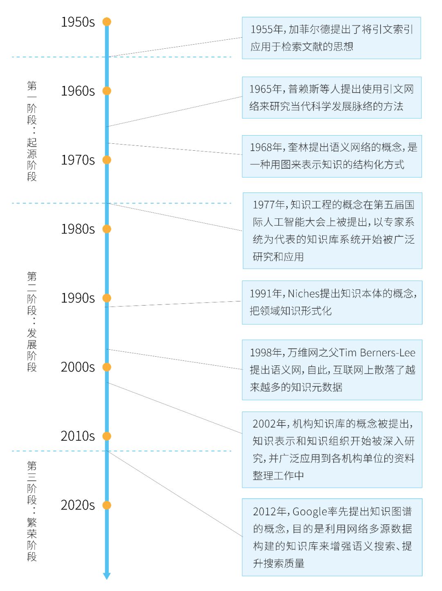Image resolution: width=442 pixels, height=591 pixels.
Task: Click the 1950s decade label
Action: click(x=77, y=22)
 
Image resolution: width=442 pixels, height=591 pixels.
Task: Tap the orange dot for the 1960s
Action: click(x=107, y=91)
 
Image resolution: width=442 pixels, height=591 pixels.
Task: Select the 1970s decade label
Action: click(x=77, y=160)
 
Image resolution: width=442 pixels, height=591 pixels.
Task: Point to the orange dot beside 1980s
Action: click(x=107, y=229)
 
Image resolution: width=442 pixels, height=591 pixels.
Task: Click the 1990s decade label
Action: click(x=77, y=298)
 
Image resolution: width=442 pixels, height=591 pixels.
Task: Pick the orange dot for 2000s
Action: click(x=107, y=367)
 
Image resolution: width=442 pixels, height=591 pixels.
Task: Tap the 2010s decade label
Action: click(x=77, y=436)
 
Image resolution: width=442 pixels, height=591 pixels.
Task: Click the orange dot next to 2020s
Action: click(x=107, y=505)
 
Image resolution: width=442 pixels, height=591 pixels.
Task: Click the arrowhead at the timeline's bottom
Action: click(x=107, y=576)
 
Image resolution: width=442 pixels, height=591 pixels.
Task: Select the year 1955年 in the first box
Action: click(x=266, y=29)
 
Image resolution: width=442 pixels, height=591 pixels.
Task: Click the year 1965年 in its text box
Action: click(x=266, y=89)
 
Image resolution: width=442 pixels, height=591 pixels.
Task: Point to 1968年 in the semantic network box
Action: click(x=266, y=147)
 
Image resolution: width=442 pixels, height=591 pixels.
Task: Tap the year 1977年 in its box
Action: click(x=269, y=205)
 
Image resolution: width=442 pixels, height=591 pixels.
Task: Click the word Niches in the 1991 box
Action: click(x=303, y=294)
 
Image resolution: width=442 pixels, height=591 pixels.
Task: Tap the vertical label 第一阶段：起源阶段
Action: click(x=32, y=131)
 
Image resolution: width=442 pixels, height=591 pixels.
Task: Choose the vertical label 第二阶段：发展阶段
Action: click(x=32, y=322)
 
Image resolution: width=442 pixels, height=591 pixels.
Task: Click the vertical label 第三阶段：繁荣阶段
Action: click(x=32, y=511)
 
